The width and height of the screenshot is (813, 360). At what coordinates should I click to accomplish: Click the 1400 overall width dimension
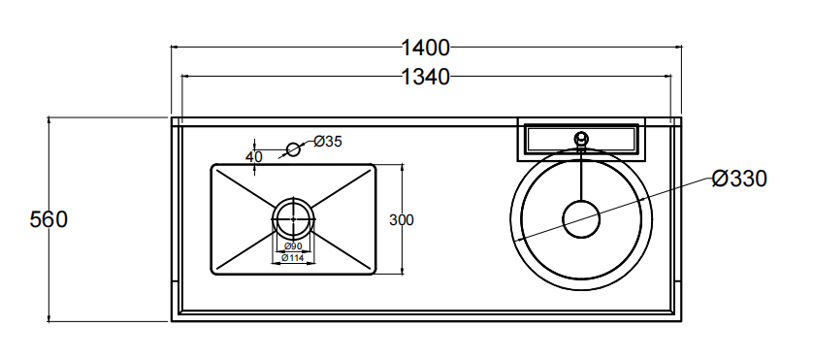click(x=425, y=48)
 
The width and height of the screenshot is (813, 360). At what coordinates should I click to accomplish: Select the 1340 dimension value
click(x=425, y=77)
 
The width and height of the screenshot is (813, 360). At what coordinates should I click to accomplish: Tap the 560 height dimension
click(x=49, y=219)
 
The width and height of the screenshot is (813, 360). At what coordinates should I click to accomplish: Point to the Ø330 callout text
click(x=739, y=179)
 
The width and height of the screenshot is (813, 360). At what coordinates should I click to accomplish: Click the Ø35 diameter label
click(x=328, y=141)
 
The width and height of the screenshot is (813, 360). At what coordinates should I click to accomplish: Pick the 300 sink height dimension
click(x=402, y=220)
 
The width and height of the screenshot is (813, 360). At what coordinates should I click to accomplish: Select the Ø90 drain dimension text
click(x=293, y=245)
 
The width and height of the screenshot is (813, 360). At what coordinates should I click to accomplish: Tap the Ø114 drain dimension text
click(x=292, y=257)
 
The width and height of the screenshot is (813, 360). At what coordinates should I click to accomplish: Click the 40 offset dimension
click(x=254, y=156)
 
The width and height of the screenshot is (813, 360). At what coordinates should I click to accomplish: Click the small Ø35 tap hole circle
click(x=293, y=149)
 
